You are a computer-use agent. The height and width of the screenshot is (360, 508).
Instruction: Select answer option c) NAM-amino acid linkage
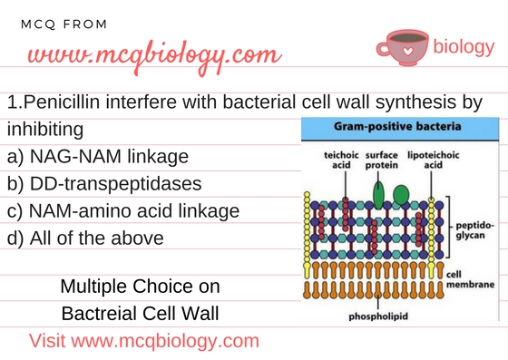(122, 211)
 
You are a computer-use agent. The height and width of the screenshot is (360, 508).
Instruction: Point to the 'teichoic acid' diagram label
(340, 161)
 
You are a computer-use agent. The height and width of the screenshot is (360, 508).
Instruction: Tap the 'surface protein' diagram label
(384, 161)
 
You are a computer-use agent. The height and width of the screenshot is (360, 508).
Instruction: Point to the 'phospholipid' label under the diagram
(393, 316)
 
